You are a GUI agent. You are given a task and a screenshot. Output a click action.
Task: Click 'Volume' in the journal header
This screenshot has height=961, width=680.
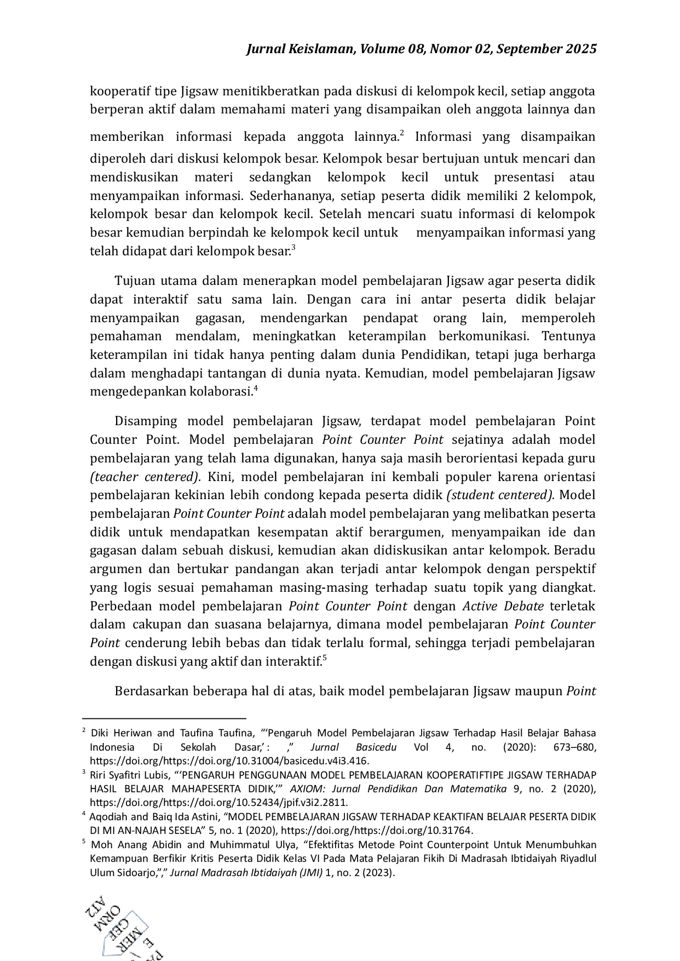pos(381,49)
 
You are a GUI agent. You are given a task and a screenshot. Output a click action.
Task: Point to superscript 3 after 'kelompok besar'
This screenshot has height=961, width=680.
pos(293,248)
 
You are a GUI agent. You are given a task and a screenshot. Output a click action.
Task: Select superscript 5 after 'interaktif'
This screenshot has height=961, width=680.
pos(325,658)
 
